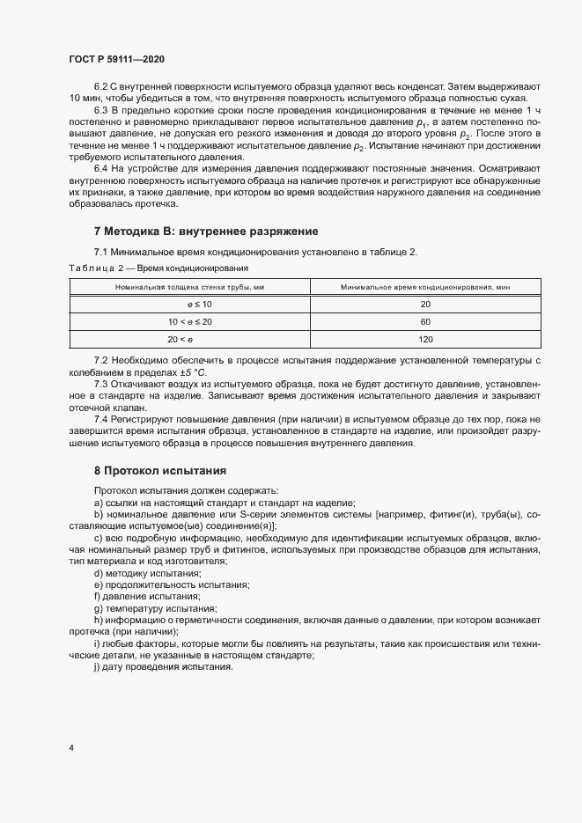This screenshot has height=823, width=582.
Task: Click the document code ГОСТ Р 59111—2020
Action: pos(116,59)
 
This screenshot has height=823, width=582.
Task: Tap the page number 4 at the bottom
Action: pos(70,748)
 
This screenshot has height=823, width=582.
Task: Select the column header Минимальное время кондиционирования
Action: pos(425,287)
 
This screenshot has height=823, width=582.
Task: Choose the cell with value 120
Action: pos(425,339)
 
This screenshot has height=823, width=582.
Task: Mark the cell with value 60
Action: pos(425,321)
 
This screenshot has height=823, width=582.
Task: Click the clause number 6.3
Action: pos(100,109)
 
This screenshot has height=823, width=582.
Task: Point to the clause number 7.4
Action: pos(100,420)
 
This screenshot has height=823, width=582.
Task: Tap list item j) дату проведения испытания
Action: pos(163,666)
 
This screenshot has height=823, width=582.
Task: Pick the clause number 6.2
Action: pos(100,86)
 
